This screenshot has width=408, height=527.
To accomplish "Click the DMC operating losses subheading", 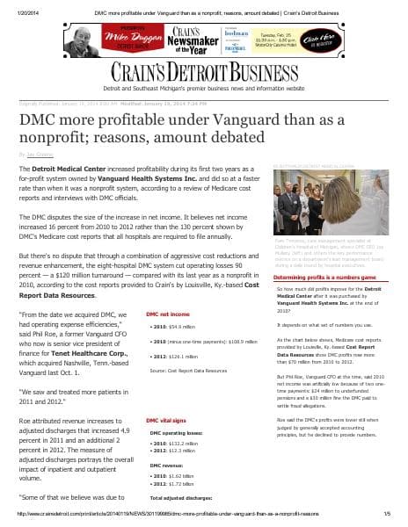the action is point(184,433).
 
